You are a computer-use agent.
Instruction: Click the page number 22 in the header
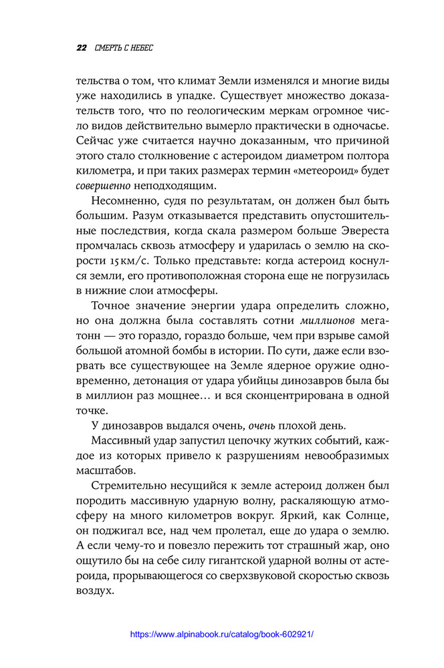81,48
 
